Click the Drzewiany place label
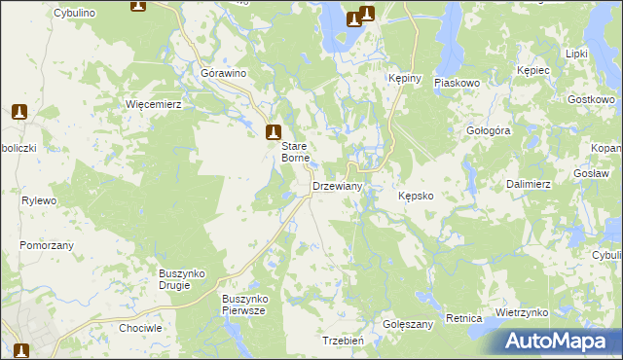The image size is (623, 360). [337, 186]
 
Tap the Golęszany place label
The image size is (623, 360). [408, 323]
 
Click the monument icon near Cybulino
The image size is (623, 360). [137, 6]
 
